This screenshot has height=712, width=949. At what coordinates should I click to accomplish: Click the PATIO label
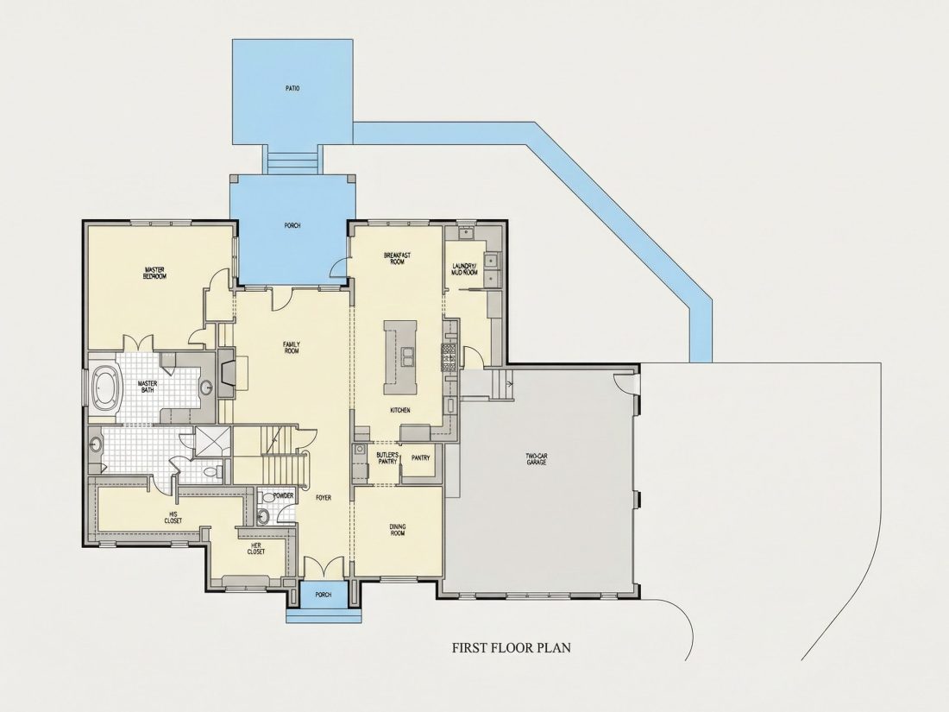(x=292, y=88)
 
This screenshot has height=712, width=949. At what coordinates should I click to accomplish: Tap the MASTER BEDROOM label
(x=154, y=273)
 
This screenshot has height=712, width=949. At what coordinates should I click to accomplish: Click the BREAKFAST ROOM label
(x=397, y=259)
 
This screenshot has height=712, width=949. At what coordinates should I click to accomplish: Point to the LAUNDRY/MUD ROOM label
(x=465, y=269)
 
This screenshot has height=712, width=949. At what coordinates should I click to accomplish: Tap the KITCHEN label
(x=400, y=411)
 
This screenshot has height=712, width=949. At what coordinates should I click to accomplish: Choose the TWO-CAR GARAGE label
(x=537, y=459)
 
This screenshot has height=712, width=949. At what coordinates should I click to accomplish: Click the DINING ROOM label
(x=397, y=530)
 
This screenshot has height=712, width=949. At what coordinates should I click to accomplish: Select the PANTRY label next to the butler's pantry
(x=421, y=457)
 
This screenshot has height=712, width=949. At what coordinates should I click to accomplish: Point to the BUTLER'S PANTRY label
(x=387, y=457)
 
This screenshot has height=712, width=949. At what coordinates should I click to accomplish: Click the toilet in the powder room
(x=263, y=516)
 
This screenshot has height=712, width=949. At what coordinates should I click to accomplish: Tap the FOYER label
(x=324, y=498)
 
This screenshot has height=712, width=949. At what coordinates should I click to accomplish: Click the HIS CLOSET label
(x=173, y=518)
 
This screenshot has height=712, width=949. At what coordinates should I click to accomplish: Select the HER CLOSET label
(x=256, y=548)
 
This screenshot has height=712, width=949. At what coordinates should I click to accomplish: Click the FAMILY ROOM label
(x=292, y=348)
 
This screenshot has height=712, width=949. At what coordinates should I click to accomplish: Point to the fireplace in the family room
(x=227, y=373)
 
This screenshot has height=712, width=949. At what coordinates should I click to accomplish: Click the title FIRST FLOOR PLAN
(x=512, y=648)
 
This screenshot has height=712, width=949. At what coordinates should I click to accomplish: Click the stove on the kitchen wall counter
(x=449, y=357)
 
